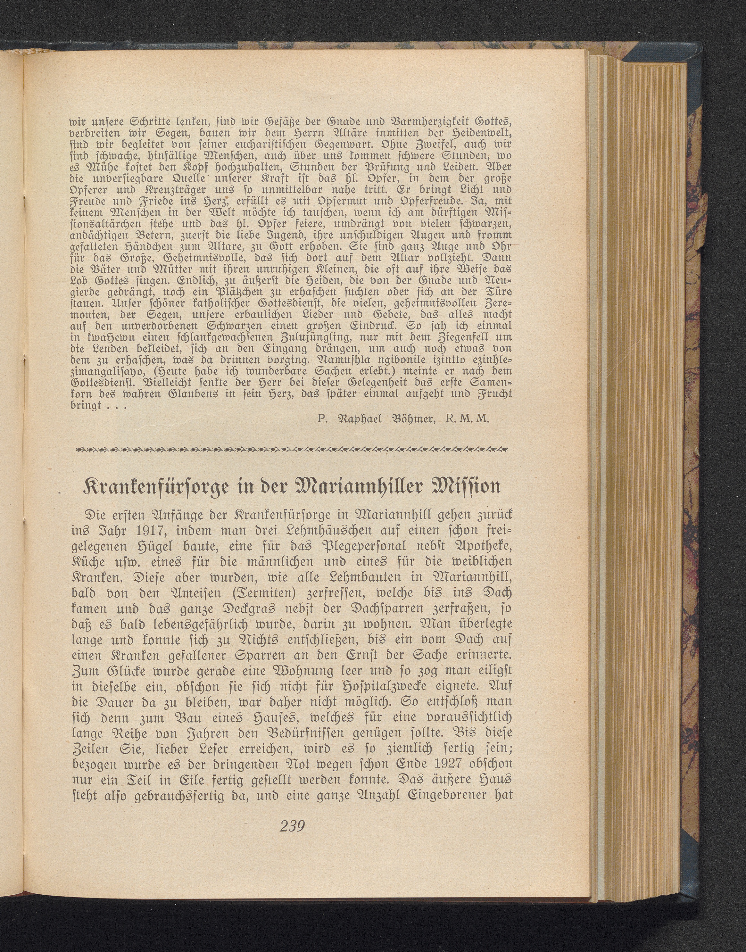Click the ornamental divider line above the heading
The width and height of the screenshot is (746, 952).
pyautogui.click(x=291, y=449)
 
